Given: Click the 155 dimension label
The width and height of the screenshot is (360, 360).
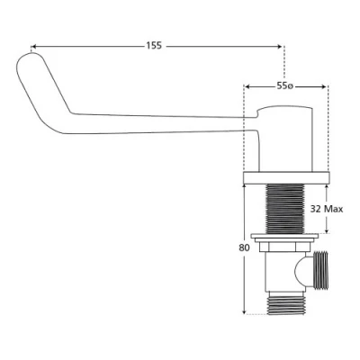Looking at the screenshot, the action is (x=154, y=46).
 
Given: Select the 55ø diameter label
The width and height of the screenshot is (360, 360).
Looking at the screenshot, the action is (x=284, y=86).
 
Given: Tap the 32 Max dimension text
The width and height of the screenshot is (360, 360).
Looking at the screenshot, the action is (x=327, y=209).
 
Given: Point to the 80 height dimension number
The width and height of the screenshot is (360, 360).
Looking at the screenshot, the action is (x=244, y=248).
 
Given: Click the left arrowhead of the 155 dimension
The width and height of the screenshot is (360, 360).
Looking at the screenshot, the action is (x=33, y=47).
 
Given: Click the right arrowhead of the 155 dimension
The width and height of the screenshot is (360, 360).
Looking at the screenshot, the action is (x=279, y=47).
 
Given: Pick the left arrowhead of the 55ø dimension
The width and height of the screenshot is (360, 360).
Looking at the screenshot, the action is (x=247, y=86).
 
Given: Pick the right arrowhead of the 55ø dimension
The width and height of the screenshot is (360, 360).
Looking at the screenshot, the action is (x=323, y=86).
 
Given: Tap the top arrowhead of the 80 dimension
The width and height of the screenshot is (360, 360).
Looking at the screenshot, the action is (x=245, y=187).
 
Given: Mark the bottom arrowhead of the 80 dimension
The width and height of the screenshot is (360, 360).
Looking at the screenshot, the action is (x=245, y=311).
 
